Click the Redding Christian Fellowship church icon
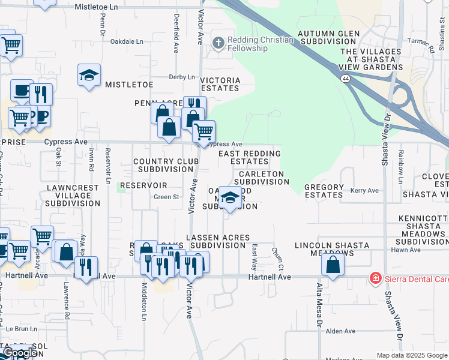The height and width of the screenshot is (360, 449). pyautogui.click(x=218, y=43)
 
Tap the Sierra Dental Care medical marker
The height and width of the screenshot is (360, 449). pyautogui.click(x=375, y=278)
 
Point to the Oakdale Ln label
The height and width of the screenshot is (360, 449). pyautogui.click(x=127, y=41)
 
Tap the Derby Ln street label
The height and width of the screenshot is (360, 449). pyautogui.click(x=182, y=77)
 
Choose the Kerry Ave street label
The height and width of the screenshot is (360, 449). pyautogui.click(x=366, y=190)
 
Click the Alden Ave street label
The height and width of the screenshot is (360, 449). pyautogui.click(x=341, y=331)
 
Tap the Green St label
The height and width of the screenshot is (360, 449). pyautogui.click(x=166, y=196)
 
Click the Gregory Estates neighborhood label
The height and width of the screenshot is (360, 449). pyautogui.click(x=324, y=191)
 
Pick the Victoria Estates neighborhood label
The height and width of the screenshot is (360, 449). pyautogui.click(x=220, y=84)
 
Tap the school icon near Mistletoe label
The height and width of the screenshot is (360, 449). pyautogui.click(x=89, y=76)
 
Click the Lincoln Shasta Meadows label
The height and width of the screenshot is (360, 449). pyautogui.click(x=325, y=249)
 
